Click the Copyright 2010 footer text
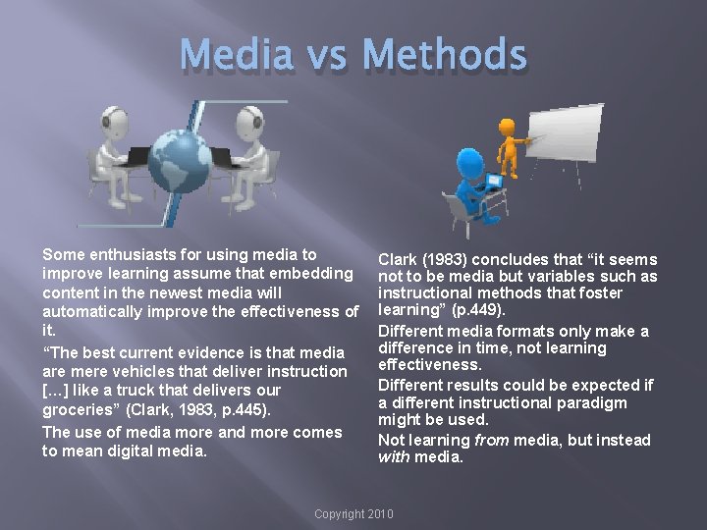353,514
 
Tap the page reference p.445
247,409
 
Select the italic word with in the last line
395,457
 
